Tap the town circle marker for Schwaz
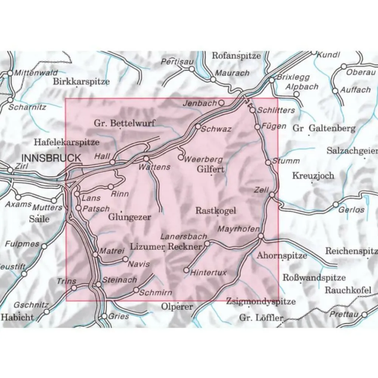coord(197,126)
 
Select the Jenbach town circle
coord(222,102)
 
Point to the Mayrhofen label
coord(239,229)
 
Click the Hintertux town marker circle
coord(186,270)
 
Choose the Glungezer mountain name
coord(130,217)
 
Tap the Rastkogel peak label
coord(215,211)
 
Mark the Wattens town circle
coord(146,159)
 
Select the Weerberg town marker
coord(181,157)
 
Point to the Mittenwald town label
coord(36,73)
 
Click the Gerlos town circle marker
coord(336,204)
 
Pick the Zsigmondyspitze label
coord(261,301)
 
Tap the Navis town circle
coord(125,259)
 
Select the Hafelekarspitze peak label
coord(67,142)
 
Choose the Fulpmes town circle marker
coord(44,246)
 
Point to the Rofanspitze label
coord(236,56)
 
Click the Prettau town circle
coord(364,314)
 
